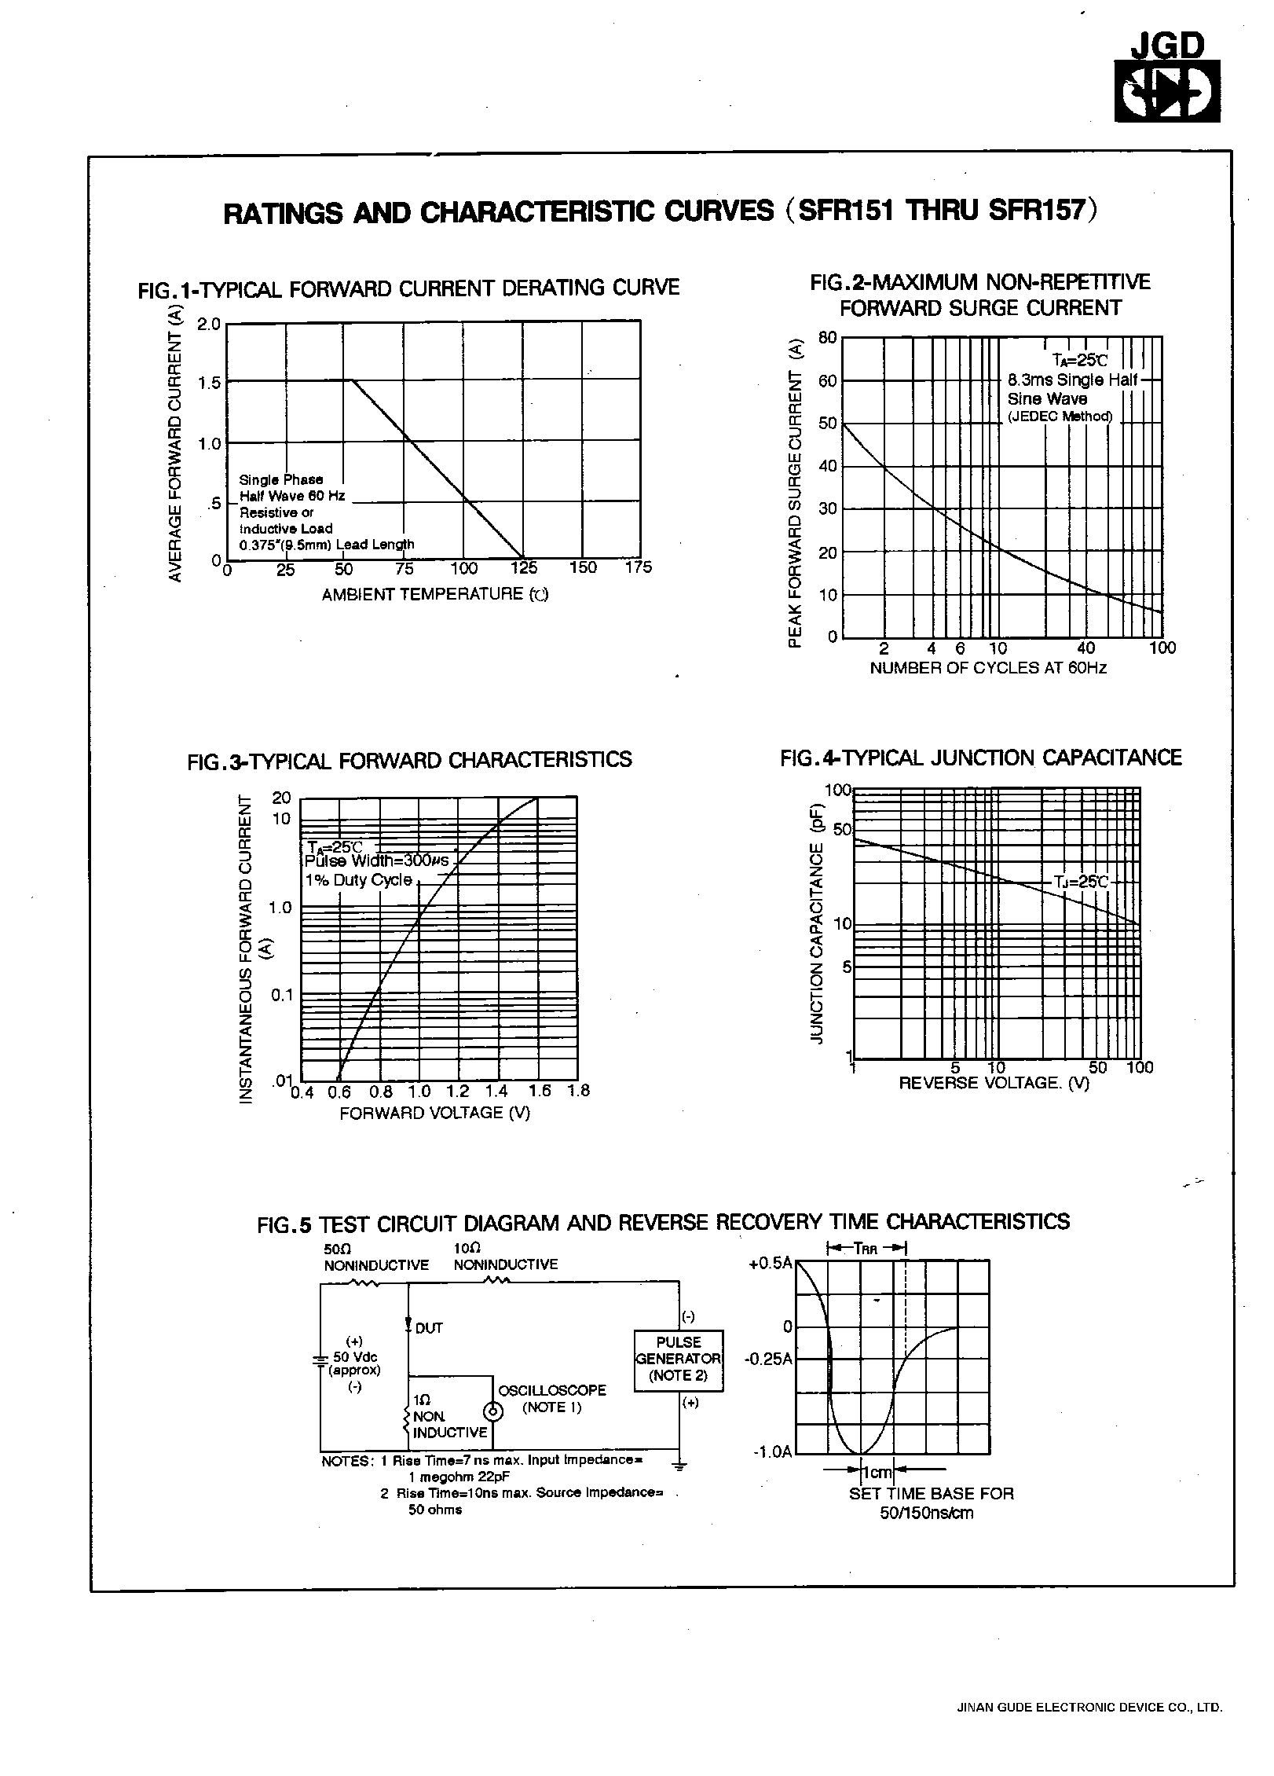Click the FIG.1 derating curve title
[x=408, y=288]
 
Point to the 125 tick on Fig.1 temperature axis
[x=524, y=569]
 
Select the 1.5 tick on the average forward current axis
[x=210, y=383]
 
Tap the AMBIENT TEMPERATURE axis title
[x=434, y=594]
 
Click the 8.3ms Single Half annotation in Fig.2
[x=1072, y=380]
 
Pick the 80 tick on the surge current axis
[x=827, y=338]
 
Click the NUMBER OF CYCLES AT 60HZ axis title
[x=988, y=668]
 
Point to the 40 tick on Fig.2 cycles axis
[x=1085, y=648]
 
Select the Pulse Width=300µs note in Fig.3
[x=376, y=860]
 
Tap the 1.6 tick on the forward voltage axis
[x=540, y=1091]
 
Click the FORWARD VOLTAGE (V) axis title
[x=434, y=1113]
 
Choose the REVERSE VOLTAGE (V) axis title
[x=994, y=1084]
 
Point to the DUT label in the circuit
[x=429, y=1328]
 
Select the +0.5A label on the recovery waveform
[x=772, y=1263]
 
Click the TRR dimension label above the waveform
[x=866, y=1248]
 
